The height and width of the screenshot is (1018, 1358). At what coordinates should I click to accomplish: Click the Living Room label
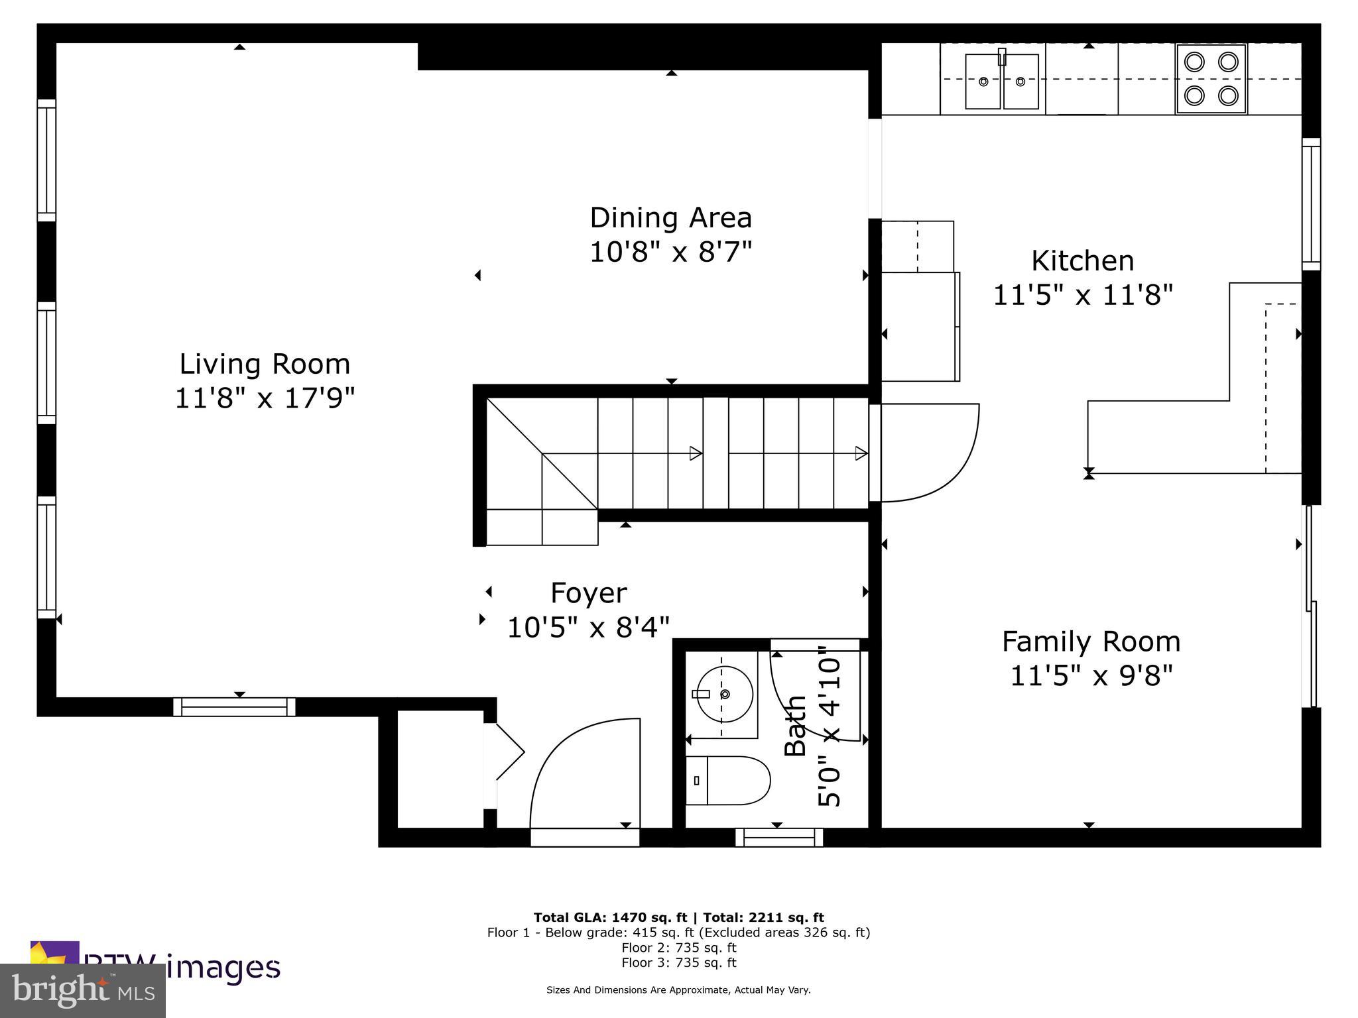(265, 364)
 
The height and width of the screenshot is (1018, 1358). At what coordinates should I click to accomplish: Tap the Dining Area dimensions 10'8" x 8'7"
(671, 252)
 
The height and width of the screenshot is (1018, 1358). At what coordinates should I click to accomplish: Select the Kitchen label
(1082, 260)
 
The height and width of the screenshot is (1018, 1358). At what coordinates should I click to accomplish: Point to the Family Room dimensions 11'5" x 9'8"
(1091, 676)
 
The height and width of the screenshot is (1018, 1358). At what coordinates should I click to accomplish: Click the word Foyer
(589, 593)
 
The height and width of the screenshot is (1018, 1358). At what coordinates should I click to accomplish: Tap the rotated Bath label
(795, 726)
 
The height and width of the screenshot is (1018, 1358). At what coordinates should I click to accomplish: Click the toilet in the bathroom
(728, 780)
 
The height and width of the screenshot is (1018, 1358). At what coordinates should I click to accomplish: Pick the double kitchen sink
(1001, 81)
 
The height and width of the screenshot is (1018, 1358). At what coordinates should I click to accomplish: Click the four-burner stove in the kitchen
(1211, 79)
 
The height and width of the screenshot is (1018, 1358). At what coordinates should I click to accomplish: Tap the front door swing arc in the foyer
(584, 772)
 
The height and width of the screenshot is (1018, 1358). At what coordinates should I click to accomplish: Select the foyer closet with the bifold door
(440, 769)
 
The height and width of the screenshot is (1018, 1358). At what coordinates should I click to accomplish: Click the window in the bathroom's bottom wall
(779, 838)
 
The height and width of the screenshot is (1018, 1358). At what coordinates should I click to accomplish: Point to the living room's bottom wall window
(234, 707)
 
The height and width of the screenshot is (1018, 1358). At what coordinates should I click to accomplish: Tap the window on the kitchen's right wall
(1311, 204)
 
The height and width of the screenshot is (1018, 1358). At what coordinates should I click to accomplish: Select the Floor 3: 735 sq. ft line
(678, 962)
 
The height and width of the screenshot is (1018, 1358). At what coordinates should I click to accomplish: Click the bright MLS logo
(83, 991)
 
